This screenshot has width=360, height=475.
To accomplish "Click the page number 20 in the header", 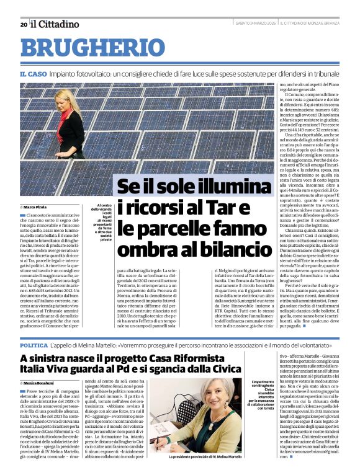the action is pyautogui.click(x=23, y=24).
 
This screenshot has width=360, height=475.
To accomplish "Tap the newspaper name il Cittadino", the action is pyautogui.click(x=55, y=24).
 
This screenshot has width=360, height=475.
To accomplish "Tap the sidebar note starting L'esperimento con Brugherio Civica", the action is pyautogui.click(x=261, y=397).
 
